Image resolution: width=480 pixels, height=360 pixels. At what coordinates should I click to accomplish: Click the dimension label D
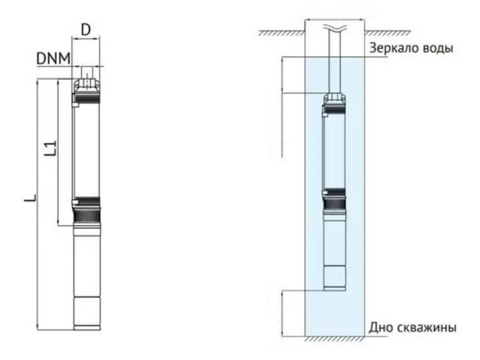[86, 29]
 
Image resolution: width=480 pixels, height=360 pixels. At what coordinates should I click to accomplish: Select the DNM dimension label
[53, 58]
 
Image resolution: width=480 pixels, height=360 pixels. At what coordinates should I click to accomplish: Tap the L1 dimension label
[51, 148]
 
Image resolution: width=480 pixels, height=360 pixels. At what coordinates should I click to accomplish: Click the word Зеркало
[392, 49]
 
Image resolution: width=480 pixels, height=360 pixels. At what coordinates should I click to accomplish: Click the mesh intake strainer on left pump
[87, 216]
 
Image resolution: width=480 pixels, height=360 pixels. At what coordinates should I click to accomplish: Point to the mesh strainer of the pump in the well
[335, 203]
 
